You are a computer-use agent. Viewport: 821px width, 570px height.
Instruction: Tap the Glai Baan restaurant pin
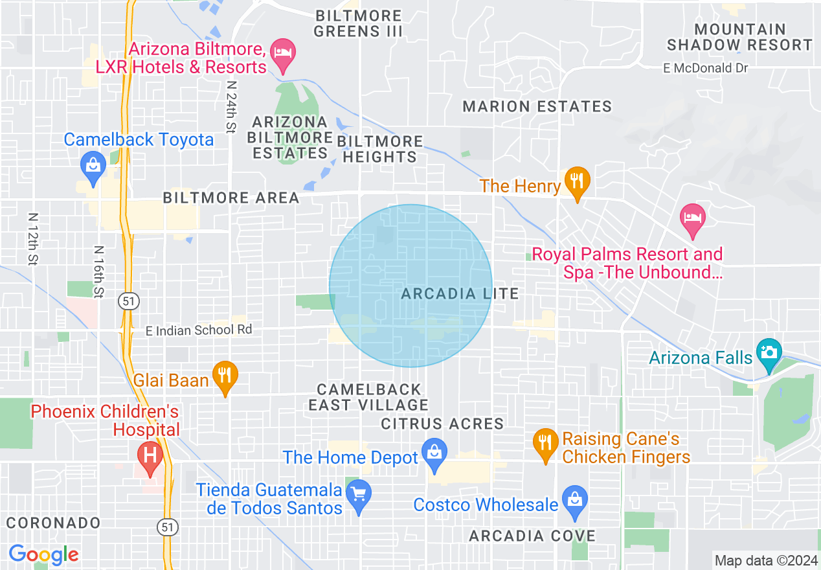(x=225, y=376)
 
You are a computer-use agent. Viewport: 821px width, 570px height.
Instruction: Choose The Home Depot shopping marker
(x=434, y=453)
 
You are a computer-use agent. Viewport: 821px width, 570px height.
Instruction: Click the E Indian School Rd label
(x=198, y=330)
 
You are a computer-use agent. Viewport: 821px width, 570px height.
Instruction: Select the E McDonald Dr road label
(x=705, y=68)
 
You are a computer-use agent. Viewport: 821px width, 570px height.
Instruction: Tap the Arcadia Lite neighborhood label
(x=460, y=294)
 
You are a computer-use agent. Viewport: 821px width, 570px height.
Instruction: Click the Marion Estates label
(x=537, y=107)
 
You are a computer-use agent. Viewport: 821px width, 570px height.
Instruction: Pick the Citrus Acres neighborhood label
(x=442, y=424)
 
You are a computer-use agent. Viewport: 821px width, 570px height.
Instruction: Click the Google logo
(x=43, y=554)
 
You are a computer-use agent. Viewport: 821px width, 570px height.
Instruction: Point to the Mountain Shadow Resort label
(x=739, y=37)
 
